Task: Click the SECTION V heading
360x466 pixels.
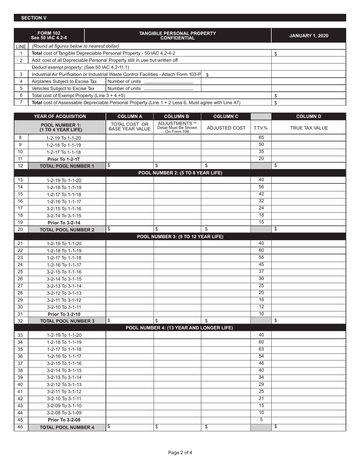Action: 34,18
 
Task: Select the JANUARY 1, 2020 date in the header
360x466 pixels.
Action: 308,36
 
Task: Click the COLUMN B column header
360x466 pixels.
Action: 177,116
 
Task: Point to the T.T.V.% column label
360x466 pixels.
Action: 261,128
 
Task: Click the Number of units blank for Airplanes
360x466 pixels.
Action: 169,81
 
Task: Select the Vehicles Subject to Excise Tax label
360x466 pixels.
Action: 63,88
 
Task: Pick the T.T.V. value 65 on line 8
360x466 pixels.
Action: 261,138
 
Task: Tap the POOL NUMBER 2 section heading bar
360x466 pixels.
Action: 180,173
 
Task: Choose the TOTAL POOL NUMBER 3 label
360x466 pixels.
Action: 67,321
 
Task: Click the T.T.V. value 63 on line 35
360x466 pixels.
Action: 261,349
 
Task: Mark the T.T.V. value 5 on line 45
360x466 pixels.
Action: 261,420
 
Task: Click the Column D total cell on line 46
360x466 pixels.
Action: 308,427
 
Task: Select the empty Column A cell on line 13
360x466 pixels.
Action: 129,180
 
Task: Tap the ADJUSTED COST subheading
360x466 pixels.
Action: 225,128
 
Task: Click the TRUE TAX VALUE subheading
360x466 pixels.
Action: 308,128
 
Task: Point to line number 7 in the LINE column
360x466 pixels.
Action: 21,102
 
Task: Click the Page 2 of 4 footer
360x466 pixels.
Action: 180,452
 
